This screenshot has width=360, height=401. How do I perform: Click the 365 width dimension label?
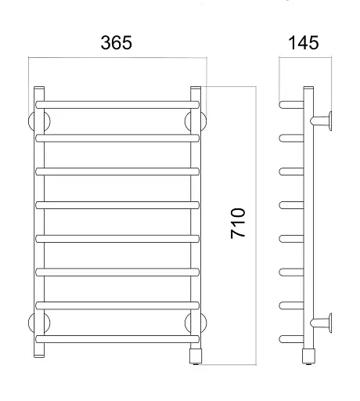(117, 42)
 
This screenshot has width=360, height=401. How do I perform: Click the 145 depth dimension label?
(304, 42)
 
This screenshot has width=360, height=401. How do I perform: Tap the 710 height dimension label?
(238, 223)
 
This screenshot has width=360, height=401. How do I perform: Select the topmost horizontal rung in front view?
(117, 105)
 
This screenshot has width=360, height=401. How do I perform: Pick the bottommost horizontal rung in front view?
(117, 339)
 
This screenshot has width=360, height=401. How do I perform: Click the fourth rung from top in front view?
(117, 205)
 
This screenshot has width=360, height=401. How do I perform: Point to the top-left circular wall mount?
(39, 121)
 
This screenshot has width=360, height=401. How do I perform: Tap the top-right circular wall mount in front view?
(196, 121)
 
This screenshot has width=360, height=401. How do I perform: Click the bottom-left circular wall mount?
(39, 323)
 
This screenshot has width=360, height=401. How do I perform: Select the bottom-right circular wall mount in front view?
(196, 323)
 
